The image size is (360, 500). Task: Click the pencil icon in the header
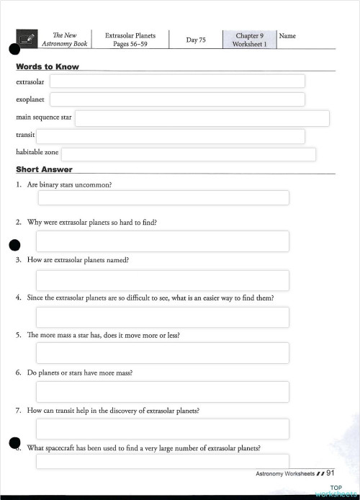point(28,40)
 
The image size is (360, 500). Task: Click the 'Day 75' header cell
point(196,40)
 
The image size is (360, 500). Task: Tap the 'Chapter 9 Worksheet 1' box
point(249,40)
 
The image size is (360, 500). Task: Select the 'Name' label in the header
point(287,36)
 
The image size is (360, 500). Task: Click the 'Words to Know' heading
point(48,67)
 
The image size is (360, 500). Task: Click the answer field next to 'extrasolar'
point(176,81)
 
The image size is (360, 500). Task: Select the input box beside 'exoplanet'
point(176,99)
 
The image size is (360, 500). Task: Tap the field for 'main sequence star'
point(202,118)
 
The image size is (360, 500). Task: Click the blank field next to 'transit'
point(170,136)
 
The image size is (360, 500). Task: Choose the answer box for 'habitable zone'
point(188,154)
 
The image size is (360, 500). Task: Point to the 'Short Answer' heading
point(44,170)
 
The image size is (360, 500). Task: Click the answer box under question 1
point(162,197)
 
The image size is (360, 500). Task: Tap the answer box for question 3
point(162,280)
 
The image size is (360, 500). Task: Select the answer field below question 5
point(162,353)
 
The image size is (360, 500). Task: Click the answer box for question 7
point(162,429)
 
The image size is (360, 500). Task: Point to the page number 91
point(331,473)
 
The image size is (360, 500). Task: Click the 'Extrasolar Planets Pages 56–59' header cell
point(130,40)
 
